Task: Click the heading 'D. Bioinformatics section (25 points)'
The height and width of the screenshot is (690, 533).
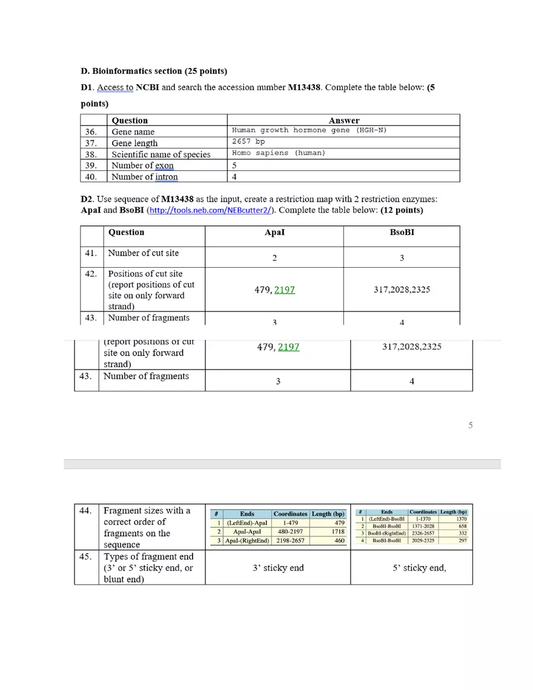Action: [x=154, y=71]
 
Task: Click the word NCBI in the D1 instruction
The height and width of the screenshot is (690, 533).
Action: [x=147, y=87]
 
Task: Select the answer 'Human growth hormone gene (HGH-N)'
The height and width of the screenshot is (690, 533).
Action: [x=309, y=131]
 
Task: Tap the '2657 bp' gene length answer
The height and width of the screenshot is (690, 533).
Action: [x=248, y=142]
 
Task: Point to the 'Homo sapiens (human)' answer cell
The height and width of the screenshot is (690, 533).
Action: [x=278, y=153]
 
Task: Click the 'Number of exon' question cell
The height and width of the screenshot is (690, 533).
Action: [x=142, y=165]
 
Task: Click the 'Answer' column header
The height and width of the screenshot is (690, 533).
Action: [x=343, y=121]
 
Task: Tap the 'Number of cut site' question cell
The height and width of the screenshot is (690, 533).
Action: [x=144, y=253]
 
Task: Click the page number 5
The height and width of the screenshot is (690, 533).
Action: [x=471, y=426]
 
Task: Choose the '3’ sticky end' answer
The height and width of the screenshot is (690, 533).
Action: [x=278, y=568]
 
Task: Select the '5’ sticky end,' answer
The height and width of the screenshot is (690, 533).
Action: [x=419, y=568]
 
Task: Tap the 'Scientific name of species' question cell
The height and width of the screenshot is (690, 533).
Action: [x=161, y=154]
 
